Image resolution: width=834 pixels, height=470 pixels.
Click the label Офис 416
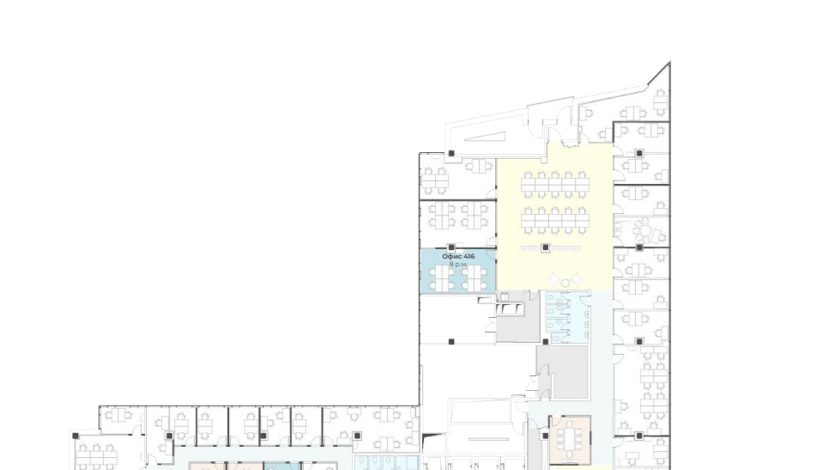[458, 256]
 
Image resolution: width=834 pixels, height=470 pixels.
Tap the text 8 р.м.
[458, 265]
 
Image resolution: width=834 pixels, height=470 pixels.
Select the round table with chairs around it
[645, 231]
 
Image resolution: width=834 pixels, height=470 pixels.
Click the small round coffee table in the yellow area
[565, 283]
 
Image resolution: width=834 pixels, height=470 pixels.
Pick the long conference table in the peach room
[571, 438]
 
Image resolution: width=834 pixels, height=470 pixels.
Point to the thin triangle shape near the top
[485, 137]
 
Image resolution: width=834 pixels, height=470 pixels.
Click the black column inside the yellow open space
[545, 247]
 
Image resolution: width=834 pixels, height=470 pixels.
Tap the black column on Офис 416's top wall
[451, 247]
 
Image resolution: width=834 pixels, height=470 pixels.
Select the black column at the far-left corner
[76, 436]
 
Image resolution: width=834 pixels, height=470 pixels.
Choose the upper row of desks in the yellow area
[555, 185]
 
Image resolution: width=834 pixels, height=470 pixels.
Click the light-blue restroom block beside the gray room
[567, 317]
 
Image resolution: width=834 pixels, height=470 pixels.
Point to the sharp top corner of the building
[669, 62]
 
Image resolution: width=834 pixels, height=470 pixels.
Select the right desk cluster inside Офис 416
[474, 278]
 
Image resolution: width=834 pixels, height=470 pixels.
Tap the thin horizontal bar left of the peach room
[489, 440]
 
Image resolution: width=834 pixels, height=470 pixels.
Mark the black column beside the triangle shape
[451, 154]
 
